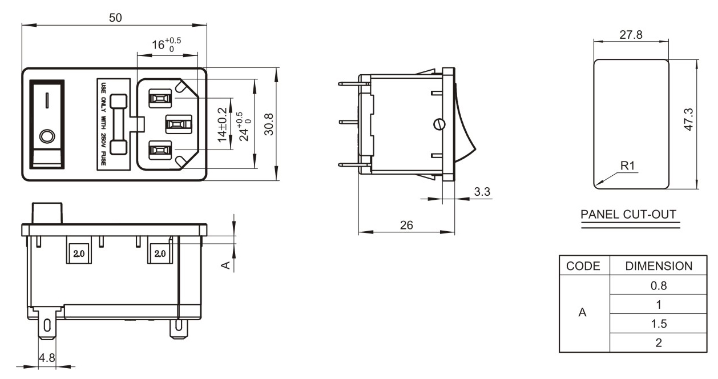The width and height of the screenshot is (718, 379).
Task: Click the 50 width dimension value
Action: pos(115,18)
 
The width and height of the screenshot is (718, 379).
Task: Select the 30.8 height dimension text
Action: pos(269,124)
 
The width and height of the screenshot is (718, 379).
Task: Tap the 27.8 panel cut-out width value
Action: pos(631,35)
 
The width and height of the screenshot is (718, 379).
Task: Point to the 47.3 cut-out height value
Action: pos(688,119)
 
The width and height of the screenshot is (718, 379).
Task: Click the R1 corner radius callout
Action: pos(628,166)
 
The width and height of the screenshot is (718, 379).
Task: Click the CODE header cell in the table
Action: pos(583,266)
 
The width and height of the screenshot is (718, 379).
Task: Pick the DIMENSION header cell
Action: pos(659,266)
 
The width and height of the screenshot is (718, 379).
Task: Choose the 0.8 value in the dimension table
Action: pos(659,285)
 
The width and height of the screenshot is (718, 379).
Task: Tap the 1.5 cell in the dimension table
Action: pos(659,324)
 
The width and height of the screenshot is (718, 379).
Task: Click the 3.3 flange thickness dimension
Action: pos(482,192)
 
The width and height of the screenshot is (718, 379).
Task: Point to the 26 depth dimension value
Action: pos(406,225)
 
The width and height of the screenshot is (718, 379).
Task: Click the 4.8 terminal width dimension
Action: pos(47,357)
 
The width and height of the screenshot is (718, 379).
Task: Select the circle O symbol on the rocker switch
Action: pos(47,136)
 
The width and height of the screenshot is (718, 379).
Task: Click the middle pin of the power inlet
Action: pos(179,124)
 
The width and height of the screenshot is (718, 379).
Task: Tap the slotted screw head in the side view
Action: pos(439,124)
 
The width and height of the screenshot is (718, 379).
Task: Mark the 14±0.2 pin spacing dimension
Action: pos(222,125)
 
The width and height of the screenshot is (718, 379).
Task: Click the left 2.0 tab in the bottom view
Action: pos(79,253)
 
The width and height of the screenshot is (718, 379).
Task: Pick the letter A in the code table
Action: pos(582,312)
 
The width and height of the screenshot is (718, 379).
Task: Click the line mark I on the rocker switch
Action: pos(47,100)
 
